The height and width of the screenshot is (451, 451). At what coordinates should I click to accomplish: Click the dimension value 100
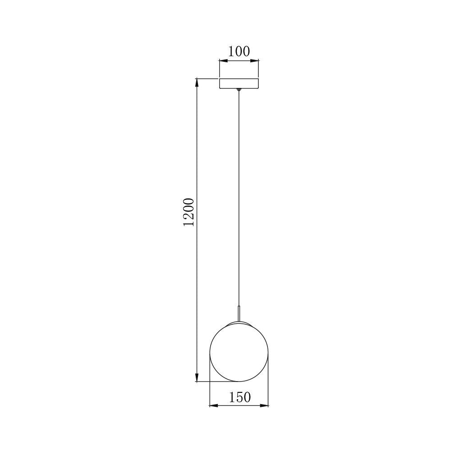pyautogui.click(x=239, y=51)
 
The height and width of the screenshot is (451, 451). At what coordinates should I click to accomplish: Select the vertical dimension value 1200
pyautogui.click(x=189, y=212)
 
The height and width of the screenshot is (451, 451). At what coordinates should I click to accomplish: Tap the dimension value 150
pyautogui.click(x=239, y=397)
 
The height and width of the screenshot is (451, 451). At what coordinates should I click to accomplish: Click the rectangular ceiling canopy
pyautogui.click(x=239, y=83)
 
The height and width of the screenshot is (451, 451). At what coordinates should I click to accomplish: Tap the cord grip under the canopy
pyautogui.click(x=239, y=91)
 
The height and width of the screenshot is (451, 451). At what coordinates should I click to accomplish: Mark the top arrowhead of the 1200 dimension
pyautogui.click(x=197, y=83)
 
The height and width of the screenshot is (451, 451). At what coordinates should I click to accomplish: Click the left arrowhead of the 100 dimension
pyautogui.click(x=222, y=60)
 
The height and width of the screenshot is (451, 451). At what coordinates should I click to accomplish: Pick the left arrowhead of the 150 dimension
pyautogui.click(x=213, y=406)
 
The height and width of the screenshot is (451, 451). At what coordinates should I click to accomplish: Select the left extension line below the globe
pyautogui.click(x=210, y=383)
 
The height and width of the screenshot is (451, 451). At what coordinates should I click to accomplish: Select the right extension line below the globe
pyautogui.click(x=268, y=383)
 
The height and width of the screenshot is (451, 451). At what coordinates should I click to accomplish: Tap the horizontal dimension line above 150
pyautogui.click(x=239, y=406)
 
